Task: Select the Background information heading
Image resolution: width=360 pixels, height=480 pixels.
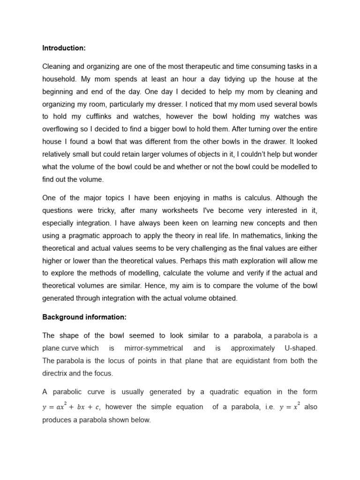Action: [x=84, y=317]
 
